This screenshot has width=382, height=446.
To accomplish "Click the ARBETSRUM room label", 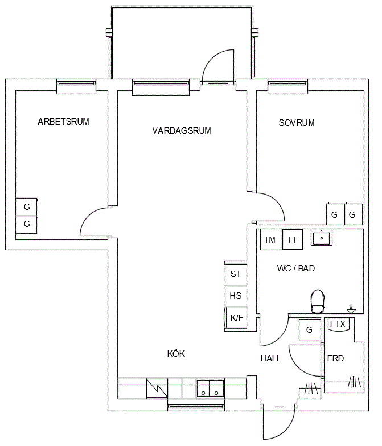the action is [63, 122].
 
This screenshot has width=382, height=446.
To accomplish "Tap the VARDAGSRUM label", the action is [182, 131].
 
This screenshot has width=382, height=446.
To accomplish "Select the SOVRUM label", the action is [297, 123].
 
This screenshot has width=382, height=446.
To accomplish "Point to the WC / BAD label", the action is [296, 269].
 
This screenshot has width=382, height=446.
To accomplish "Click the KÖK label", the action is [176, 354].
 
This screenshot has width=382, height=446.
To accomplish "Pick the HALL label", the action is [270, 358].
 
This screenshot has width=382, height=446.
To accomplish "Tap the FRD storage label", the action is [336, 358].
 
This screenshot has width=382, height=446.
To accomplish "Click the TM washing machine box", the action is [271, 240].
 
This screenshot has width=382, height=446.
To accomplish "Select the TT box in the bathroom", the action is [293, 239].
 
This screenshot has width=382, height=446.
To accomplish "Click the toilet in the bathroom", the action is [318, 302].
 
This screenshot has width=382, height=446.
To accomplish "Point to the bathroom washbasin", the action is [321, 238].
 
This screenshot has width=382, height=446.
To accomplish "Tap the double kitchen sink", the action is [210, 389].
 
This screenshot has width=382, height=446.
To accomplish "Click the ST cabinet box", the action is [236, 275].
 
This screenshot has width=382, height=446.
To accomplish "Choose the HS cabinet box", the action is [236, 296].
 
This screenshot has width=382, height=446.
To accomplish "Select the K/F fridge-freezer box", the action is [236, 317].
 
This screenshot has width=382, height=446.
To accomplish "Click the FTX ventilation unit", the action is [338, 324].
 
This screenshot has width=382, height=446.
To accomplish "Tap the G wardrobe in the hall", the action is [310, 330].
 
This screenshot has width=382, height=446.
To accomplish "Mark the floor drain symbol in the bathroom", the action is [351, 309].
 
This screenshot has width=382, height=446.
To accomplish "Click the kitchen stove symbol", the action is [157, 388].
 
